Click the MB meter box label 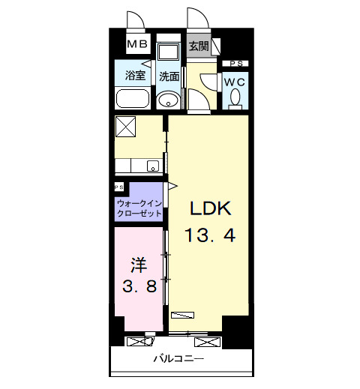(x=137, y=44)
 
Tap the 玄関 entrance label (x=199, y=46)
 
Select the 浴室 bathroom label (x=135, y=75)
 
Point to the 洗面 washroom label (x=169, y=76)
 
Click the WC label (x=235, y=82)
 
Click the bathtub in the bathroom (x=133, y=98)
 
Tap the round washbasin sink (x=168, y=100)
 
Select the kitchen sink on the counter (x=153, y=166)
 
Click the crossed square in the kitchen (x=126, y=127)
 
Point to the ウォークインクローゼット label (x=139, y=208)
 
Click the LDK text (x=210, y=208)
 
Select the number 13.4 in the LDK (x=210, y=235)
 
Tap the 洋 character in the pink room (x=139, y=265)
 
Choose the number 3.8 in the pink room (x=139, y=286)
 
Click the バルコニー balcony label (x=178, y=359)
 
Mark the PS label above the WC (x=236, y=64)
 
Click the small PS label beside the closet (x=118, y=187)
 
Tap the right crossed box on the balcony (x=207, y=342)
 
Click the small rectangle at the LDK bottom (x=182, y=315)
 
